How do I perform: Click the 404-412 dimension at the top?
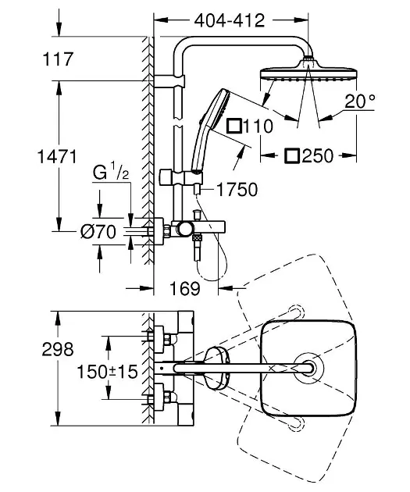pyautogui.click(x=230, y=21)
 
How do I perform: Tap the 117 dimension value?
pyautogui.click(x=58, y=59)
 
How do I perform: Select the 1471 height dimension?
pyautogui.click(x=57, y=156)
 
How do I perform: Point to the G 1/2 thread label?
pyautogui.click(x=111, y=173)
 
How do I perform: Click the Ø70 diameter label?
pyautogui.click(x=98, y=232)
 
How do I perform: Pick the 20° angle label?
pyautogui.click(x=360, y=101)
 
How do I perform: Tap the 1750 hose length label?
pyautogui.click(x=237, y=190)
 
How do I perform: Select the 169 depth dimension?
pyautogui.click(x=185, y=288)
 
